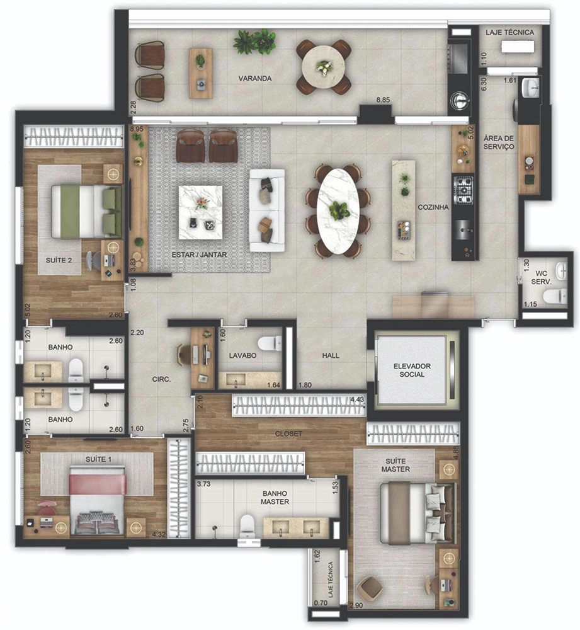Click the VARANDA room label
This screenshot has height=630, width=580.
coord(255,78)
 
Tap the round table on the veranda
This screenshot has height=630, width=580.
coord(323,67)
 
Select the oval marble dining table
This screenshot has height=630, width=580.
coord(338,211)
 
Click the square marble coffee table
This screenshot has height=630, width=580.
coord(200,212)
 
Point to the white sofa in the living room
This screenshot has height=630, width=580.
coord(267,210)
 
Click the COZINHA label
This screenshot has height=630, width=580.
coord(433,207)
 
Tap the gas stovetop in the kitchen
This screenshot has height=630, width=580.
coord(463,190)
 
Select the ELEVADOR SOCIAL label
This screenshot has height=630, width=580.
coord(412,370)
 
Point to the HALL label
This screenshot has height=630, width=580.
coord(331,355)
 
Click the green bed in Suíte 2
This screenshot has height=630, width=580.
coord(86,210)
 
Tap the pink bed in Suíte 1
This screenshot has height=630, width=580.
coord(98,500)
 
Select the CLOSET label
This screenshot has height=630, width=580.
coord(288,434)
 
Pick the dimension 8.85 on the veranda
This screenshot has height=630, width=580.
coord(383,100)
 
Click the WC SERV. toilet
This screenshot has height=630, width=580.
coord(555,296)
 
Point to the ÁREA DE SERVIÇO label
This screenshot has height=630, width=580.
coord(499,142)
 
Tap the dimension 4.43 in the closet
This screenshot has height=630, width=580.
coord(357,399)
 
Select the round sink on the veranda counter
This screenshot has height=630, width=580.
coord(458,100)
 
